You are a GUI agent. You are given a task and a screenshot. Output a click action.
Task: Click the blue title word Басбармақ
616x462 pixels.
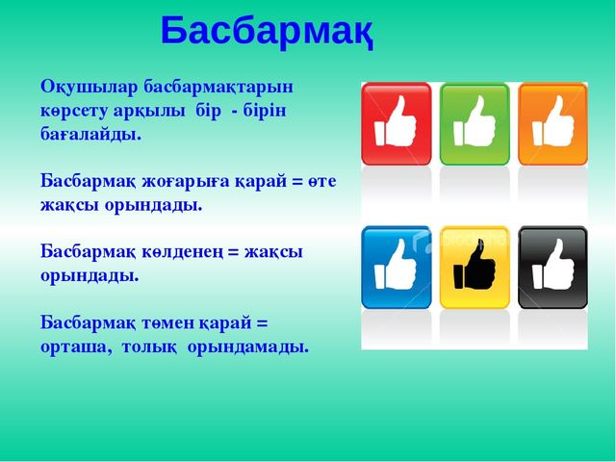click(268, 32)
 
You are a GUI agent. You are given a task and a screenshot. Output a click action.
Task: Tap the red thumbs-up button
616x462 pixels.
click(396, 123)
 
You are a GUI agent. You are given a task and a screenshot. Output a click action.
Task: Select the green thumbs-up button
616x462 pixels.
click(475, 123)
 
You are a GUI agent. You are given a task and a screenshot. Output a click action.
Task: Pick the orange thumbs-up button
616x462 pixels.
click(552, 123)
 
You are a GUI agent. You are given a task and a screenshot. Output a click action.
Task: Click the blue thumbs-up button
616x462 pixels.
click(396, 268)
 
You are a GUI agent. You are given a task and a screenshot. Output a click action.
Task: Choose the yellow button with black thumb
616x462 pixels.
click(475, 268)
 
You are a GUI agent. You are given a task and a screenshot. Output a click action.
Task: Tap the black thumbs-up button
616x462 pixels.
click(552, 268)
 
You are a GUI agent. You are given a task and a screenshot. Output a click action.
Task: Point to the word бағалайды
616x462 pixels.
click(90, 135)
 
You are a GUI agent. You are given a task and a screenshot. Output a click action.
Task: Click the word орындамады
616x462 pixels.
click(247, 347)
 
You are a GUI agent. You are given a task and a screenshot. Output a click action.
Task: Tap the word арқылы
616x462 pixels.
click(149, 112)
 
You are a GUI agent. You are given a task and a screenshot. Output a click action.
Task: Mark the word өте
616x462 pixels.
click(322, 182)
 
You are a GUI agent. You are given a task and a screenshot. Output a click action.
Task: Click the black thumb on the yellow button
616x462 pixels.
click(475, 266)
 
